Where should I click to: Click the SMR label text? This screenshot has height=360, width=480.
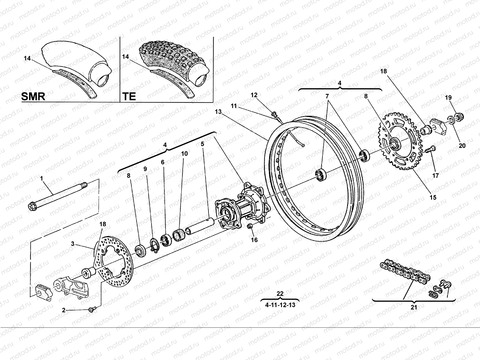point(33,96)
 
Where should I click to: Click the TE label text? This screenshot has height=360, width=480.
point(129,96)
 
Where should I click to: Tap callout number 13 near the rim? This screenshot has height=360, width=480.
point(218,112)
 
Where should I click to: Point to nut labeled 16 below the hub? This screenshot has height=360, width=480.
point(249,226)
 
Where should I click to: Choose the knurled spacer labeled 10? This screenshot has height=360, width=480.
point(179,234)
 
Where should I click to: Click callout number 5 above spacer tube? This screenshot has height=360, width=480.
point(202,144)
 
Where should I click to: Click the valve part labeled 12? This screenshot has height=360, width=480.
point(274,114)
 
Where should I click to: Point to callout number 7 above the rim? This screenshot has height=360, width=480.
point(327,96)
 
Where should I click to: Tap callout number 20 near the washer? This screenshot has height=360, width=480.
point(462,146)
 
